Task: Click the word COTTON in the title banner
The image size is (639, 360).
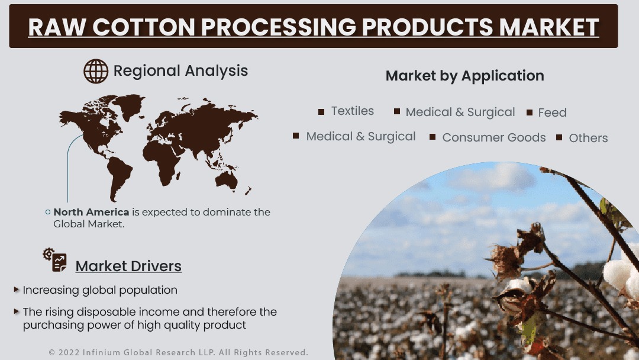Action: coord(143,27)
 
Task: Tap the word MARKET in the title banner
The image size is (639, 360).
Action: coord(548,27)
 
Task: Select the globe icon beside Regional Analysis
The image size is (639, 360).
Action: coord(96,71)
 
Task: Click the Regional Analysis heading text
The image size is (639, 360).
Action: coord(180,71)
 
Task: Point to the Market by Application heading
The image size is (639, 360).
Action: coord(464,76)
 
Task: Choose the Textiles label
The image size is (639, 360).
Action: coord(353,111)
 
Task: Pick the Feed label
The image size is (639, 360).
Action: coord(552,112)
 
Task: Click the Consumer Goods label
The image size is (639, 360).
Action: coord(494,137)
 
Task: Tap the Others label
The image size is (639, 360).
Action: coord(588,138)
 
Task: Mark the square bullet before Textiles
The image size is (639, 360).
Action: coord(321,112)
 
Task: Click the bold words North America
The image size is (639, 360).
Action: coord(91,212)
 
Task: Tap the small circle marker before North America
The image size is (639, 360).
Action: coord(48,212)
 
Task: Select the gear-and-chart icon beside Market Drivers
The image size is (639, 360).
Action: coord(54,260)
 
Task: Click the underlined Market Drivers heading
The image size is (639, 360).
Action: coord(128,266)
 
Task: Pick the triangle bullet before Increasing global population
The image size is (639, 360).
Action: coord(17,290)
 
